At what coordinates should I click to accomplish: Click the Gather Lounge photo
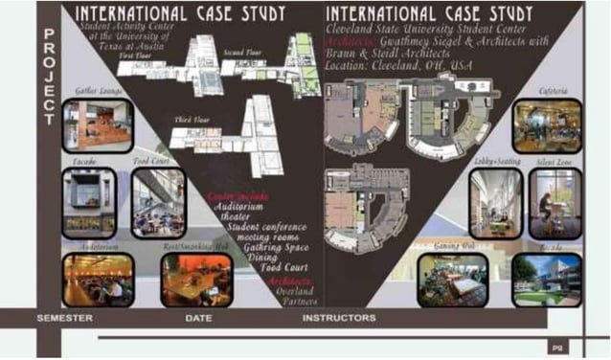[x=98, y=124]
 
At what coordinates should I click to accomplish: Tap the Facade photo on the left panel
[x=88, y=203]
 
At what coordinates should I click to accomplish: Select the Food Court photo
[x=158, y=203]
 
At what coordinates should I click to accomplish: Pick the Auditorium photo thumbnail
[x=98, y=280]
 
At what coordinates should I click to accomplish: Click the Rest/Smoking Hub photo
[x=195, y=280]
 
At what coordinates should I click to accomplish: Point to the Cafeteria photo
[x=546, y=126]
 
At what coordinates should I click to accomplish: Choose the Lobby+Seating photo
[x=495, y=203]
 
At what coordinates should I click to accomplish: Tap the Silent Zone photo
[x=554, y=203]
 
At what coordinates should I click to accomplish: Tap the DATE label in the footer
[x=198, y=318]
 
